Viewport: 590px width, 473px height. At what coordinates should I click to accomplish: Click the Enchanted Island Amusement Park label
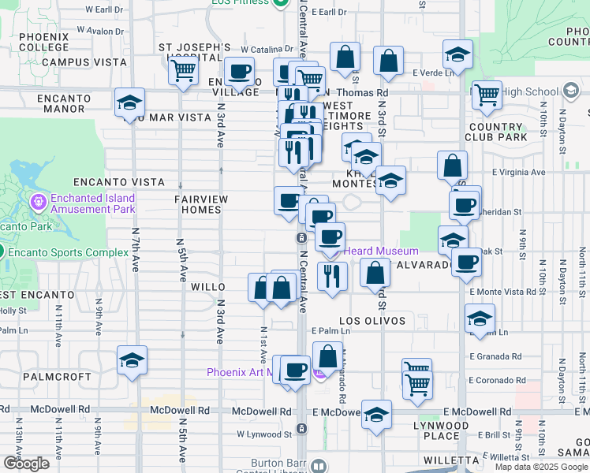pyautogui.click(x=92, y=204)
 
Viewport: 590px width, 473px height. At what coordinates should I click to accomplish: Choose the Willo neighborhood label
pyautogui.click(x=208, y=288)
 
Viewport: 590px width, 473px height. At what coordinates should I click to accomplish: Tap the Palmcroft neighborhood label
pyautogui.click(x=57, y=377)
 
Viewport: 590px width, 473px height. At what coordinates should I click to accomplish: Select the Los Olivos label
pyautogui.click(x=372, y=321)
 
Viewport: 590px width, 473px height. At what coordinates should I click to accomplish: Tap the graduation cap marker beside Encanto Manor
pyautogui.click(x=130, y=102)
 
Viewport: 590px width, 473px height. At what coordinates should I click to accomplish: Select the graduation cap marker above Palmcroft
pyautogui.click(x=132, y=360)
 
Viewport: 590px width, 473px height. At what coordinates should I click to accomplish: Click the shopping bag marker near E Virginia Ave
pyautogui.click(x=453, y=166)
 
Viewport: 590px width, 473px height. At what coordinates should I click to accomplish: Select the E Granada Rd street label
pyautogui.click(x=494, y=356)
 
